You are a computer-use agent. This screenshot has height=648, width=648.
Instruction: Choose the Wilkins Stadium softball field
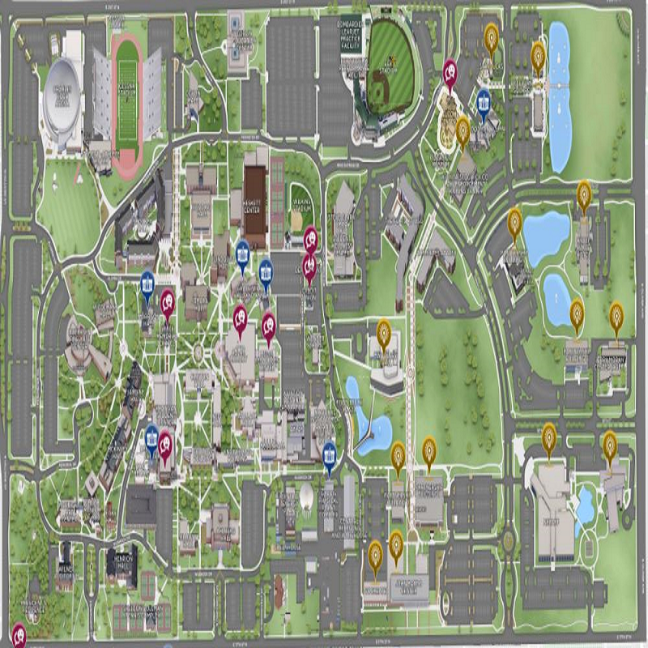(301, 212)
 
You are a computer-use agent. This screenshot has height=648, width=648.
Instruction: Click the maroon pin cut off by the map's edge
(18, 633)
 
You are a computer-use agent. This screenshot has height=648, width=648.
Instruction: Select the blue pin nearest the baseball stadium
(484, 101)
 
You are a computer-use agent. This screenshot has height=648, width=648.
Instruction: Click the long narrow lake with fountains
(559, 97)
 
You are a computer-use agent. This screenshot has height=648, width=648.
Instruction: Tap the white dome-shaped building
(306, 496)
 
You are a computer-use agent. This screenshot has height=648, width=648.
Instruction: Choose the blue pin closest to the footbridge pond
(329, 454)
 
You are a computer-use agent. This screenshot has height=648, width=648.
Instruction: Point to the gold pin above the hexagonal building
(385, 331)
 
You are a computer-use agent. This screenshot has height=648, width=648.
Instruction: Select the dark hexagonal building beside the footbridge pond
(386, 377)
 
